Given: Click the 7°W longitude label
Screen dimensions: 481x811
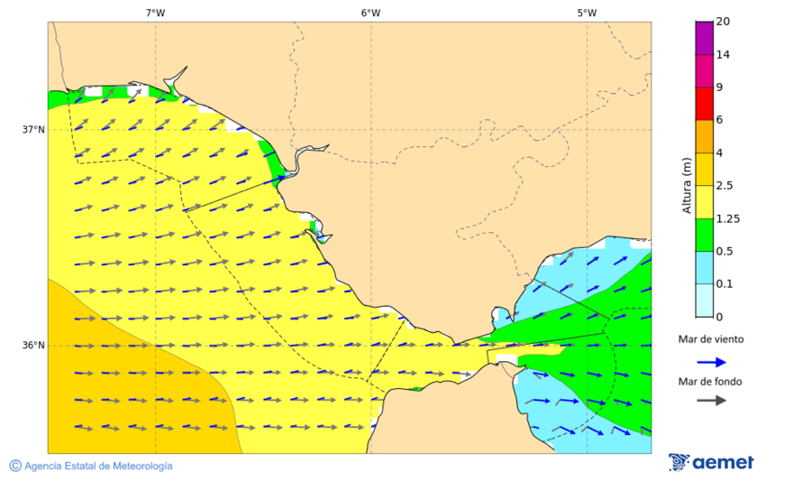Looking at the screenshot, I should [155, 13].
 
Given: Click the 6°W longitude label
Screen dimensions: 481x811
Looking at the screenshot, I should [370, 13].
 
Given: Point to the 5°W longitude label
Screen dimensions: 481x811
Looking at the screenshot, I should [587, 13].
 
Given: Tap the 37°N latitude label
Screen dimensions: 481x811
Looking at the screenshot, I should [33, 129].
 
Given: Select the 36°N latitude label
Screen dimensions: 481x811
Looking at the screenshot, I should [33, 346].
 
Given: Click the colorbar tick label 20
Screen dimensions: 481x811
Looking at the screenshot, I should [723, 22].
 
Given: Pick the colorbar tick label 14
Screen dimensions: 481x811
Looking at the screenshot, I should [723, 54].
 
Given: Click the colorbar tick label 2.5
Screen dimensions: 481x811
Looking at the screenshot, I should [724, 186].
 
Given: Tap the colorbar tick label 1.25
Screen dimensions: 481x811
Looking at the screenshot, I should [727, 218].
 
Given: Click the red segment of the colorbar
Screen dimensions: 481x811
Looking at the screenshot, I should [704, 103].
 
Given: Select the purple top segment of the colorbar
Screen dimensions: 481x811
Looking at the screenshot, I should [704, 38].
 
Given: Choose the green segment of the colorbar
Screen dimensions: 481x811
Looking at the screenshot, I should [704, 235].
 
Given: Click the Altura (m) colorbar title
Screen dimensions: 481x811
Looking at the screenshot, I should [687, 184].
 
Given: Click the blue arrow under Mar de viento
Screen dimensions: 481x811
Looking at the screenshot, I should [711, 362].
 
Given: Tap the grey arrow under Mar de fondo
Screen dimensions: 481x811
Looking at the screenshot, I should [711, 400].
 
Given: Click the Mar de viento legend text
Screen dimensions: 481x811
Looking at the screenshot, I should [711, 339].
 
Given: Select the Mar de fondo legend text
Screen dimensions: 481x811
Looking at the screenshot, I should [711, 382].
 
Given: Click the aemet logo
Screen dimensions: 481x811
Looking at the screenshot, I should [711, 462].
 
